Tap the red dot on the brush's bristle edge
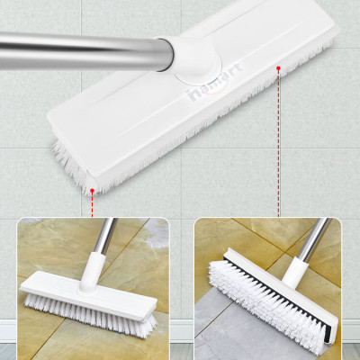(93, 189)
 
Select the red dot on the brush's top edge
(280, 66)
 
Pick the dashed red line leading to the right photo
(280, 144)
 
